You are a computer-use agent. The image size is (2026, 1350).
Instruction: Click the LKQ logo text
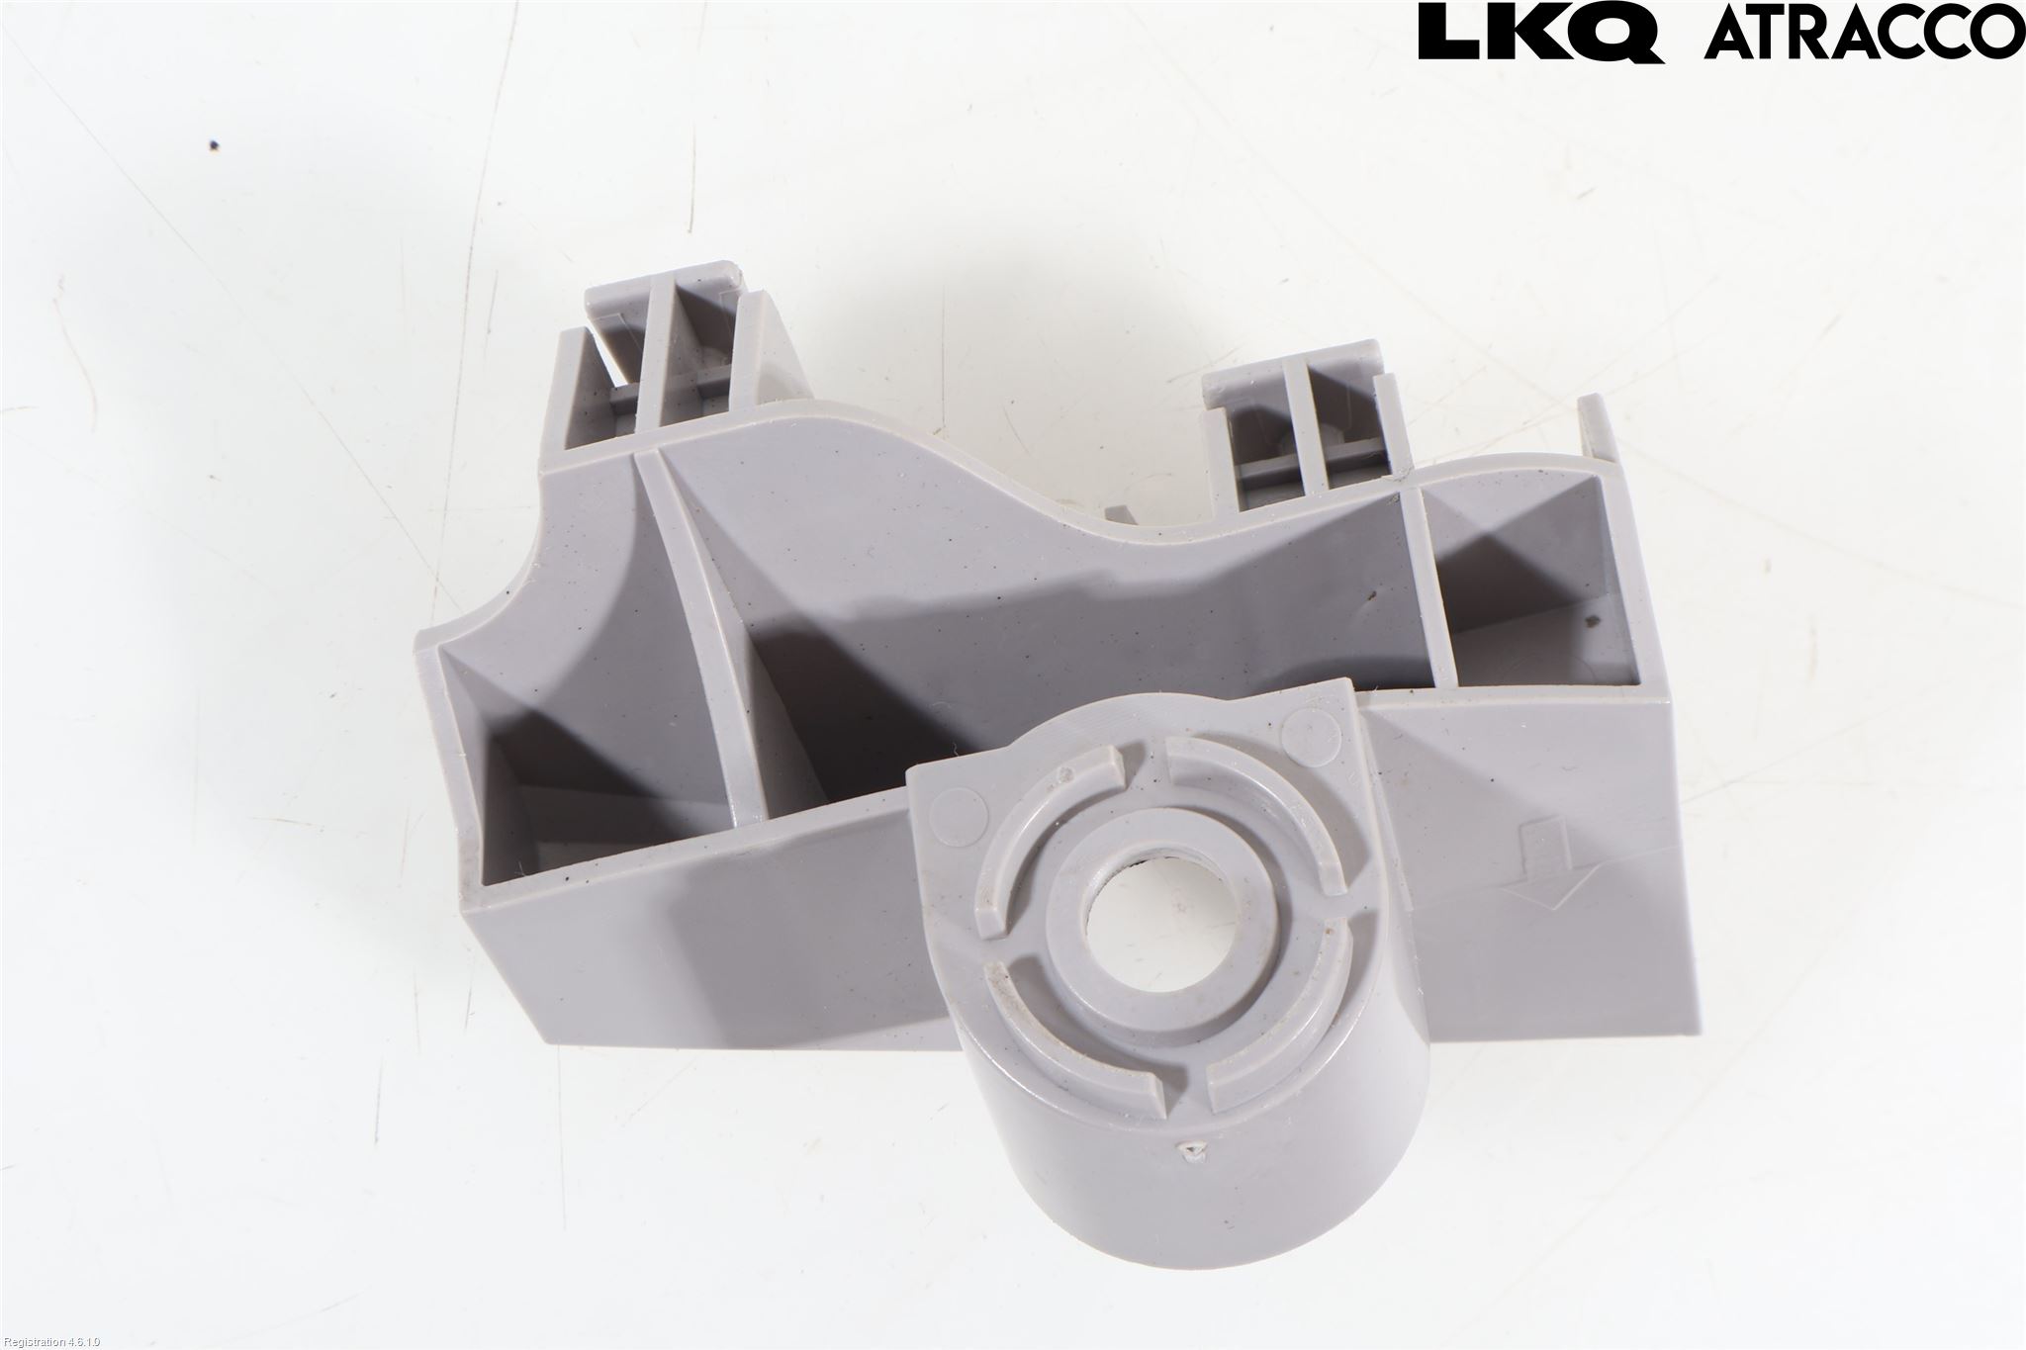(1540, 33)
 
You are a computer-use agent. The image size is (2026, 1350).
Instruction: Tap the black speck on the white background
(216, 146)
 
